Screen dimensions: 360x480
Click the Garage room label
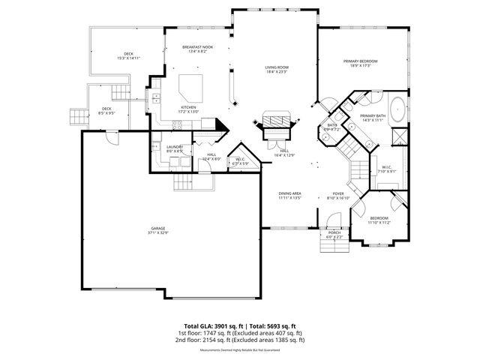coord(157,229)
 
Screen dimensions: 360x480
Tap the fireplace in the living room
coord(275,122)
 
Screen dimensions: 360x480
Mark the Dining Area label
coord(290,195)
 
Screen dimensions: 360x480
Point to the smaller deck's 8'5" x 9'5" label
coord(106,115)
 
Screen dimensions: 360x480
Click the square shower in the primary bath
coord(400,137)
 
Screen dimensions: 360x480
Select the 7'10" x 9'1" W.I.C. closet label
coord(386,169)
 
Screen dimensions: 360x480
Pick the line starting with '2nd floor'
coord(240,340)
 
